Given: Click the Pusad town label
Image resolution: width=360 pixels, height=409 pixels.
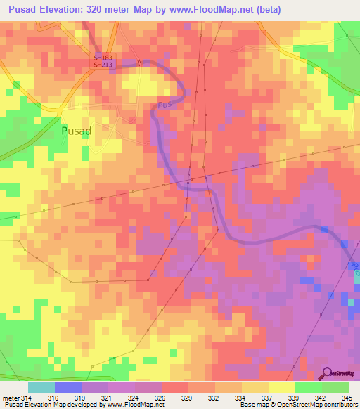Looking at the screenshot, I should pos(77,131).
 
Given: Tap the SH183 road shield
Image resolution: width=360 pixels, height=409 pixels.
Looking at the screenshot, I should pos(103,58).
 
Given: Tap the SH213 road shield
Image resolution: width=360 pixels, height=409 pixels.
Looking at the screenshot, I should pos(103,65).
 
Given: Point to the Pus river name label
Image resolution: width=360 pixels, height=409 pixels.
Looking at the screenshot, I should pos(164,105).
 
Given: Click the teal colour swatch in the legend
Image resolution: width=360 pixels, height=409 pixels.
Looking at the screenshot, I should pos(41,387).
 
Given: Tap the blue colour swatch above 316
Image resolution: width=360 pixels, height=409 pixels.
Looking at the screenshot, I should pos(68,387).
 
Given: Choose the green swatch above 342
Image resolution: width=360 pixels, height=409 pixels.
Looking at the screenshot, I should pos(309,387).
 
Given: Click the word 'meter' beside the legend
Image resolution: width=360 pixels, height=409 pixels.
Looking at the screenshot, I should pos(11,398).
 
